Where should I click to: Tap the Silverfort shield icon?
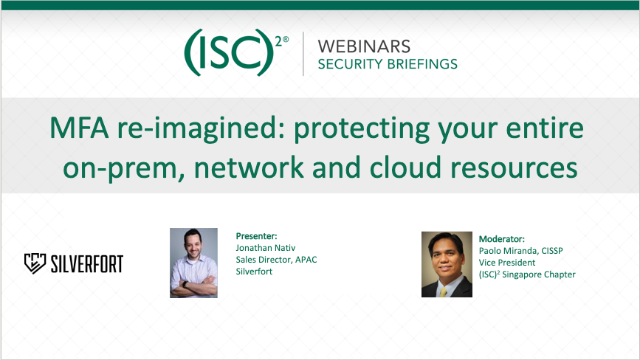pyautogui.click(x=35, y=263)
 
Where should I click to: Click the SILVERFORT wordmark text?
pyautogui.click(x=87, y=263)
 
